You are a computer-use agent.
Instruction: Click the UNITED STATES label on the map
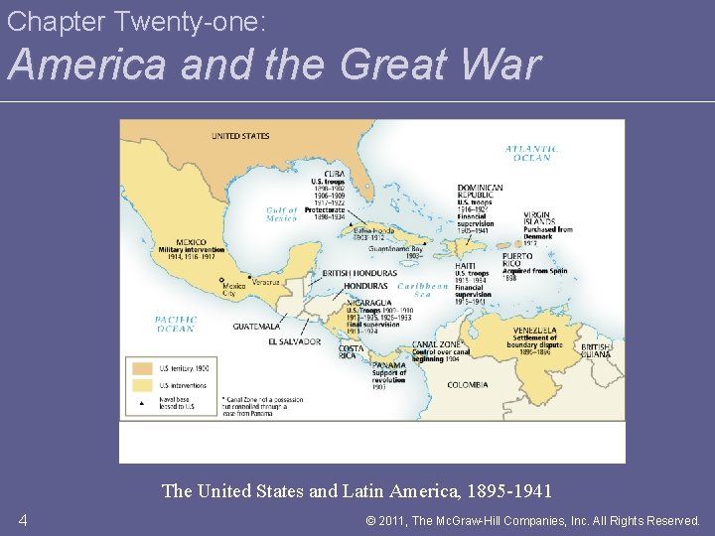[x=239, y=136]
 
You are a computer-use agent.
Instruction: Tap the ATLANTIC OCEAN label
[x=532, y=153]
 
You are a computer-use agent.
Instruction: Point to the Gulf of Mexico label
[x=282, y=214]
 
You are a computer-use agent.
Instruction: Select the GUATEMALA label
[x=256, y=326]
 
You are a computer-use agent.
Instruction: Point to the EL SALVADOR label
[x=294, y=341]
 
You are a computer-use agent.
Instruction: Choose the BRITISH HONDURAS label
[x=359, y=273]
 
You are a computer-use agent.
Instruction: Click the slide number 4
[x=22, y=520]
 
